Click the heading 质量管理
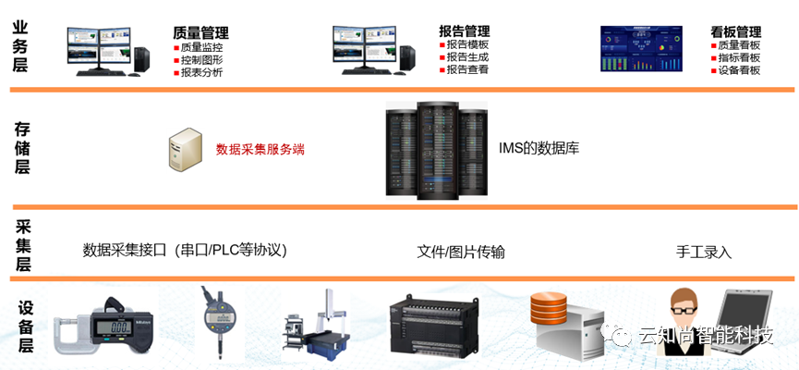(200, 32)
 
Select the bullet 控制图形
(200, 59)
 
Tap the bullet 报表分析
(200, 72)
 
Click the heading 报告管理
(464, 31)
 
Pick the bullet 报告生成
(466, 56)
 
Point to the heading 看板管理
(736, 31)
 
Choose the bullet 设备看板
(739, 69)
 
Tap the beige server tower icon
(185, 148)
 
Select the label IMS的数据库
(539, 148)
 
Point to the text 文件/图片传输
(461, 252)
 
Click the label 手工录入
(704, 252)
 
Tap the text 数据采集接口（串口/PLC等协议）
(186, 250)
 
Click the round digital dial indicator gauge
(222, 320)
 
